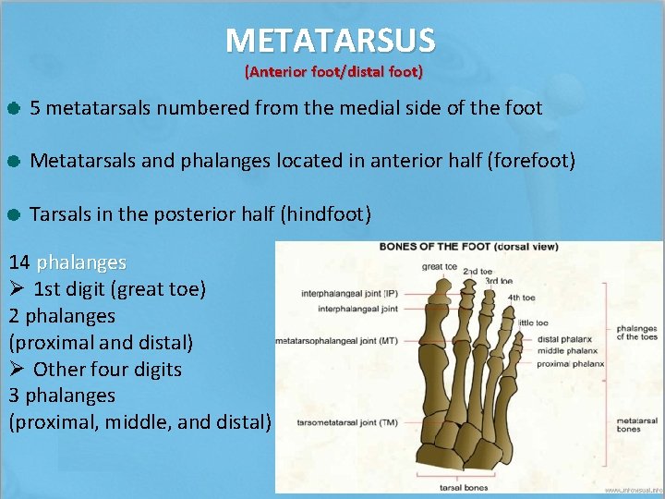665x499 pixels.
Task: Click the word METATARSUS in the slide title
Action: [x=331, y=40]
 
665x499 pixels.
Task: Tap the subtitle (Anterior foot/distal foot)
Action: [x=332, y=71]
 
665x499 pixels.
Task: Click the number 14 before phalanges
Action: [x=19, y=263]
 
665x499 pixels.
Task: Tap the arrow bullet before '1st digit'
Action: [x=18, y=289]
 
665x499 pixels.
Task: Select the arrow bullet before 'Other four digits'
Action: [x=18, y=370]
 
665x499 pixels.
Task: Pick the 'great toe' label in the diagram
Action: [x=440, y=267]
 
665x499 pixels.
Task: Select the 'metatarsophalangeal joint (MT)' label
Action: [x=337, y=341]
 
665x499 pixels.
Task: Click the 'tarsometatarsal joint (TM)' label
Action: [x=347, y=422]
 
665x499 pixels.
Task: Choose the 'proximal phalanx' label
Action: [x=569, y=363]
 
